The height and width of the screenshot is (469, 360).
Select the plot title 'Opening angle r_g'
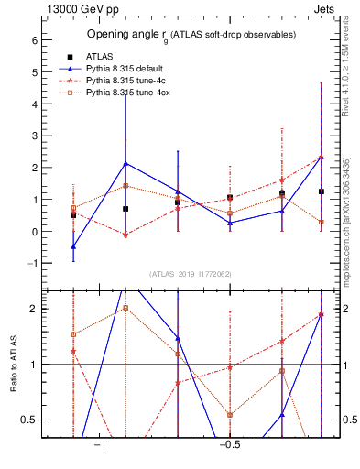coord(191,35)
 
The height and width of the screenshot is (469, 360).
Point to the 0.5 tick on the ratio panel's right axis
coord(350,420)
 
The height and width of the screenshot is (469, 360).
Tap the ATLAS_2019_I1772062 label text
coord(191,274)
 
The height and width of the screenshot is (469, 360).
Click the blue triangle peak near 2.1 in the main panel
coord(125,163)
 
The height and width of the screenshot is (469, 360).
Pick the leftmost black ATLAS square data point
coord(73,214)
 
